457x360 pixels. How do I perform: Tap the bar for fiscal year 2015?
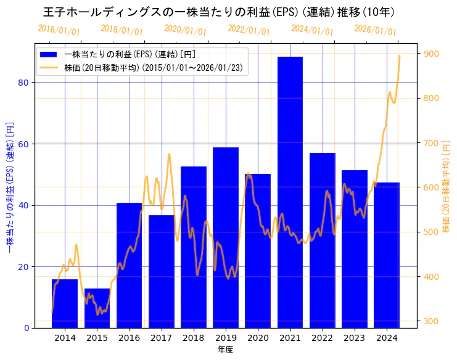[x=97, y=308]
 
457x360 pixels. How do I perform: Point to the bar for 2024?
[x=387, y=255]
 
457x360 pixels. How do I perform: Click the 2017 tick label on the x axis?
[x=161, y=338]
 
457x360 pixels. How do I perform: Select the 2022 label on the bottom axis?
[x=322, y=338]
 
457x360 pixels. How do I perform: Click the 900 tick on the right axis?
[x=430, y=54]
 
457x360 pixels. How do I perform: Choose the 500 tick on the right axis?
[x=430, y=232]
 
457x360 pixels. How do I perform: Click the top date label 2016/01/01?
[x=59, y=30]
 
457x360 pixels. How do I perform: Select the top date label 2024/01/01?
[x=312, y=30]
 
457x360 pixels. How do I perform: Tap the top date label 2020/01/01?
[x=186, y=30]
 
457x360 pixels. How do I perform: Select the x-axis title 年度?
[x=225, y=350]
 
